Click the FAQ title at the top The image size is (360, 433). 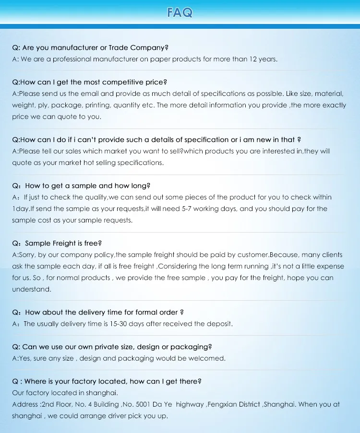point(180,12)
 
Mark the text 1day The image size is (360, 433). point(21,209)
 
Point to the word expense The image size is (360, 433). point(332,267)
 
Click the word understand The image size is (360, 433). point(31,290)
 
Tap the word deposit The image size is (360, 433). point(219,324)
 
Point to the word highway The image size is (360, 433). point(190,405)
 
